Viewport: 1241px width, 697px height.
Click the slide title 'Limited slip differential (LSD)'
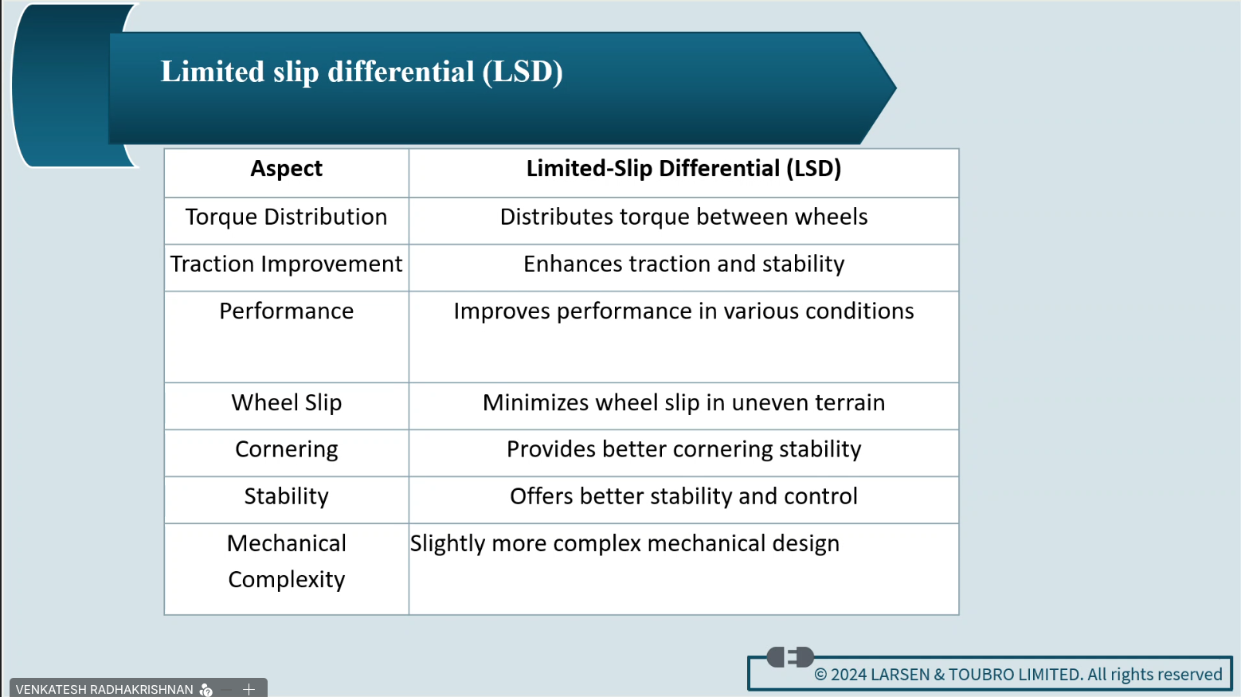(x=361, y=72)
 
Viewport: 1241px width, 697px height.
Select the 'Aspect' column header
(x=287, y=168)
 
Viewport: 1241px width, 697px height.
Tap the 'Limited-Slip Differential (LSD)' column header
(x=683, y=168)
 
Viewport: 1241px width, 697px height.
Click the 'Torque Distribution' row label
(x=287, y=217)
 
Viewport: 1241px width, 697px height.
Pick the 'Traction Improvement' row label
(x=287, y=264)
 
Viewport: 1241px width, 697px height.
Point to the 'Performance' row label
(x=287, y=311)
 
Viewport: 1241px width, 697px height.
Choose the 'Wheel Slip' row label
(x=287, y=403)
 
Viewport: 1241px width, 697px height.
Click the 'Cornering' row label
(x=287, y=449)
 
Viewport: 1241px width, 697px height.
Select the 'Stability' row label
(x=287, y=496)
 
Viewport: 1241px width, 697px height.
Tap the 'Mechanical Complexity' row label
(x=287, y=562)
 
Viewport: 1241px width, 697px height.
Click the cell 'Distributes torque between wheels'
(x=683, y=217)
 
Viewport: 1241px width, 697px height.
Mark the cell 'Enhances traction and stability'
(x=683, y=264)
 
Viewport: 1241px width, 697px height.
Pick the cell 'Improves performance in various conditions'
(x=683, y=311)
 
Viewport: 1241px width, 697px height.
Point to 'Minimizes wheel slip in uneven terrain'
(x=683, y=403)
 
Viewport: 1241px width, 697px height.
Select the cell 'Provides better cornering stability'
(x=683, y=449)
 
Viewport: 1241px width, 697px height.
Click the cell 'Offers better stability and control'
(x=683, y=496)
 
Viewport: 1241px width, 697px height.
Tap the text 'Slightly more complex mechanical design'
(x=624, y=543)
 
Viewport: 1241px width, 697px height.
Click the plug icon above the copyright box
(x=790, y=657)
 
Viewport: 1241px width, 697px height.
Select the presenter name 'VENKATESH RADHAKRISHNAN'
(x=104, y=689)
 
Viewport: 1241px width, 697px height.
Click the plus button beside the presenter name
(x=249, y=689)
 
